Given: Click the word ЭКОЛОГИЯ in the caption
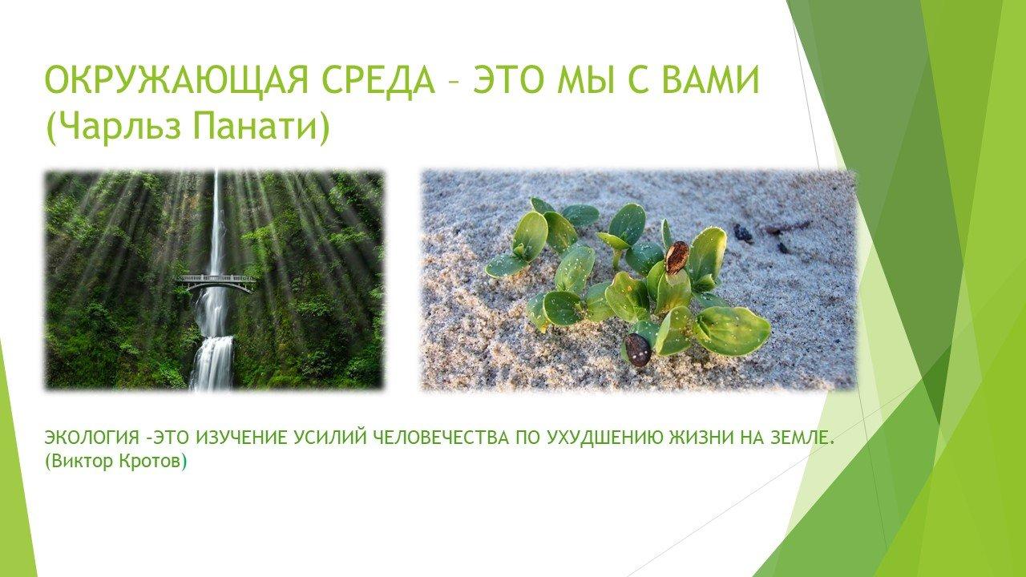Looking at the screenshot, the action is click(91, 438).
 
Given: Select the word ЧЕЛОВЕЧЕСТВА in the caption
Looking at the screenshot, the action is click(442, 438).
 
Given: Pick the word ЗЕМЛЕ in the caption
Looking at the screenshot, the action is click(793, 438).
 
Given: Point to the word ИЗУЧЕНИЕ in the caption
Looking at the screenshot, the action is click(242, 438).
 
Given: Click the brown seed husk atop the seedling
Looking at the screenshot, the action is click(677, 257).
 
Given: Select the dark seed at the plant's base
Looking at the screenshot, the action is click(638, 350).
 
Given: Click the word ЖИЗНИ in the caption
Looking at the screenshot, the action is click(701, 438).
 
